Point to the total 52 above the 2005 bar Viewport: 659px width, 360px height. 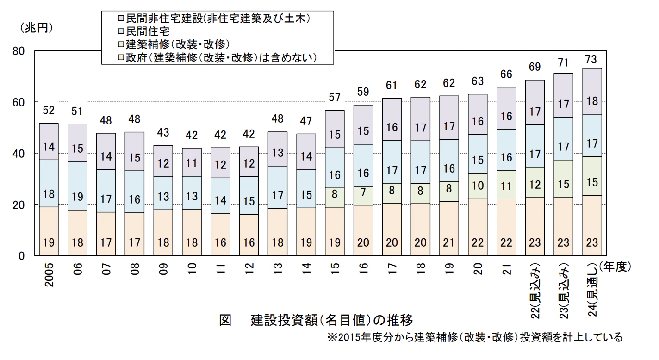[x=49, y=110]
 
